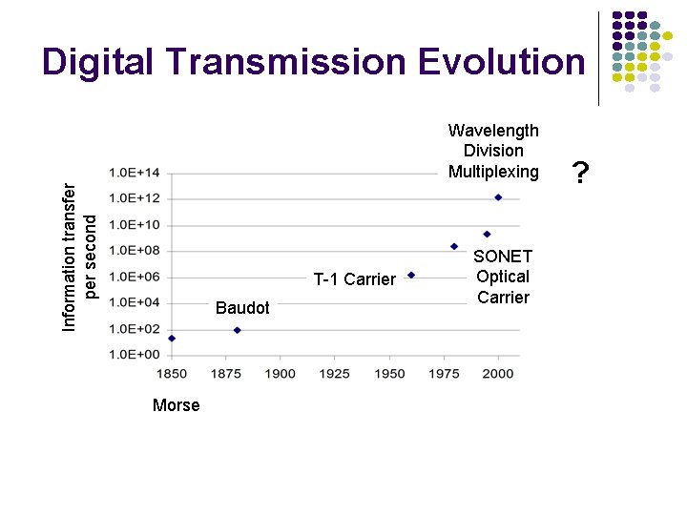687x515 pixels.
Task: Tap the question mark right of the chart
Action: point(579,173)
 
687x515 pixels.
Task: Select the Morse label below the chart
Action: point(176,405)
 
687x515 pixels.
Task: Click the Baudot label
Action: point(242,308)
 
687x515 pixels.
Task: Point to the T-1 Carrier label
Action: point(354,279)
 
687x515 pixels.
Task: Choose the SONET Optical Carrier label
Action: point(503,277)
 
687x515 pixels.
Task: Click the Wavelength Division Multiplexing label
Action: point(493,151)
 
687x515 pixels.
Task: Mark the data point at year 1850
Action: point(172,338)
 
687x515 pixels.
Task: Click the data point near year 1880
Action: point(238,330)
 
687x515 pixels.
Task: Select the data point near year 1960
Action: point(411,275)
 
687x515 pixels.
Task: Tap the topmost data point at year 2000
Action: point(498,197)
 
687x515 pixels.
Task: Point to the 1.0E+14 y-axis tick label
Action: point(135,173)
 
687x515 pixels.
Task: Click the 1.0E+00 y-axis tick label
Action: point(135,355)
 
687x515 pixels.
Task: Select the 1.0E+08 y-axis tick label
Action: point(135,251)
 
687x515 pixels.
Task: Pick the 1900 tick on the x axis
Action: point(281,373)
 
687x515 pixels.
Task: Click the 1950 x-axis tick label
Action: point(389,373)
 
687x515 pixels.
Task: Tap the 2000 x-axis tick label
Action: point(499,373)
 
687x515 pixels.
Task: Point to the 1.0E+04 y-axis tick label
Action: point(135,303)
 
